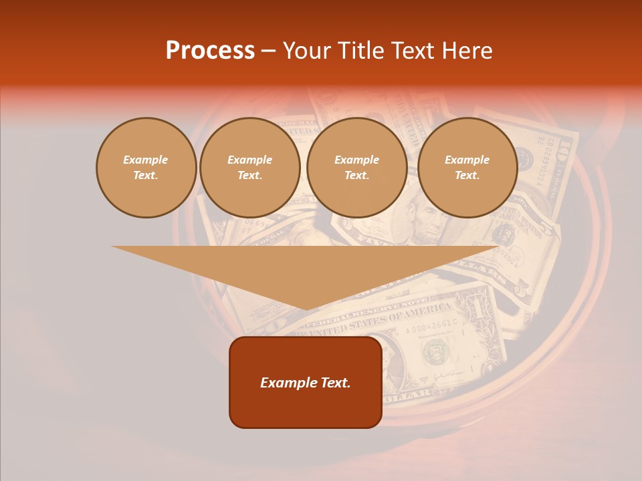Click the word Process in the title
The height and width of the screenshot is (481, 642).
coord(210,51)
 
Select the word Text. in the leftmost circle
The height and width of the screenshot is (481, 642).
coord(146,176)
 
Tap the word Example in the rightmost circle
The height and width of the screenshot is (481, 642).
coord(467,160)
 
